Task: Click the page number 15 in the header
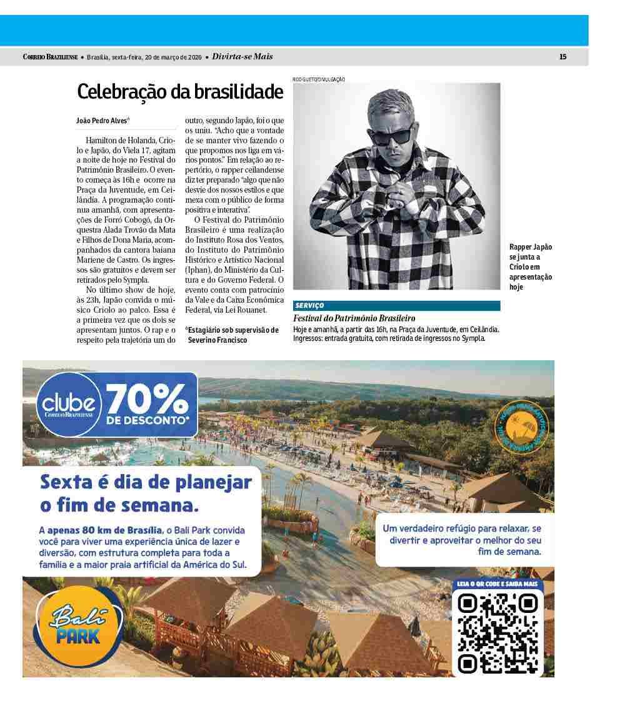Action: click(x=563, y=57)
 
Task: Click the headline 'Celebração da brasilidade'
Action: click(x=180, y=93)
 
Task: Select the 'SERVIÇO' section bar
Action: click(x=396, y=306)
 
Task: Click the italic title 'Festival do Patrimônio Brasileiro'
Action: click(x=354, y=318)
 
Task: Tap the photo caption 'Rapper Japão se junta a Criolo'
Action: click(x=531, y=266)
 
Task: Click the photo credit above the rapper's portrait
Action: click(x=318, y=79)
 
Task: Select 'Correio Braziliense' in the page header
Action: click(x=50, y=57)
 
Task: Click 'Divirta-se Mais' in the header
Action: click(x=243, y=57)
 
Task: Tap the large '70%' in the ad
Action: click(x=148, y=398)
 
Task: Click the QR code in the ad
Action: click(x=498, y=632)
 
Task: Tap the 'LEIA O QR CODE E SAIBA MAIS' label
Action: click(x=498, y=584)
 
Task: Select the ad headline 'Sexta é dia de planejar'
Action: click(x=146, y=483)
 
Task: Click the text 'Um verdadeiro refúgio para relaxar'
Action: click(x=461, y=528)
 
